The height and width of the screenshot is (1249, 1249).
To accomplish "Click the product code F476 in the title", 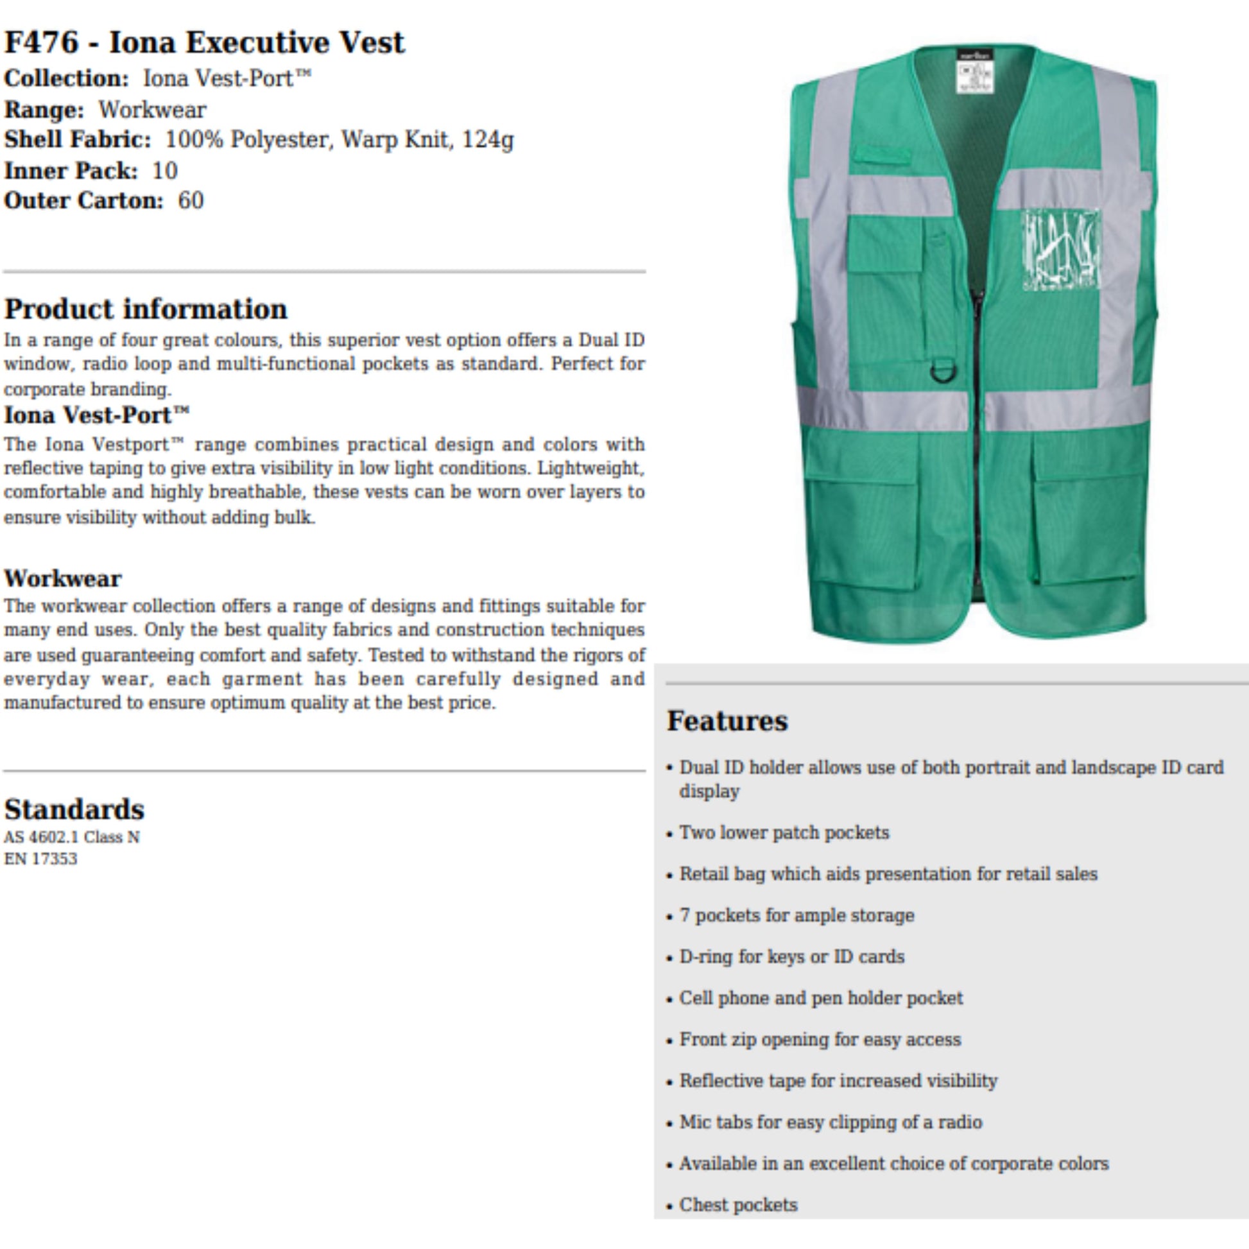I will (41, 42).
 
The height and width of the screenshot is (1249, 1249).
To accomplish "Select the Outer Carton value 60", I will (191, 200).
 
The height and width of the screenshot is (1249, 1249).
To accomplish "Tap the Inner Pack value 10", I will (165, 171).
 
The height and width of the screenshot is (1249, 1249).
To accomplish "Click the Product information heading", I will (146, 309).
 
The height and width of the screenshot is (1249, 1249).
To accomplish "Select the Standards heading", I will (74, 809).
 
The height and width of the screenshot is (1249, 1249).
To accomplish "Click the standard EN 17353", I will (40, 859).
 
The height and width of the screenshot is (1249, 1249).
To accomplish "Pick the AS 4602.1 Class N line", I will (72, 837).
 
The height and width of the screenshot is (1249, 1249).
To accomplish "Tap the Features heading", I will (727, 721).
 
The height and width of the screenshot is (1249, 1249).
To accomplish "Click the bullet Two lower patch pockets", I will (784, 832).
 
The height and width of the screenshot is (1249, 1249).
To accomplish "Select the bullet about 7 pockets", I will (797, 915).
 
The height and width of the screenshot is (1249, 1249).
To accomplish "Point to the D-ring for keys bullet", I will (791, 957).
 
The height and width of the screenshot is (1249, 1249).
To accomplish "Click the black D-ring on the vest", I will (940, 372).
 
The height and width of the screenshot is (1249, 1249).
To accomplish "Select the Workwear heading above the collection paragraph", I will (63, 578).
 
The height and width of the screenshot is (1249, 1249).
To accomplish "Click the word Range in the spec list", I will (42, 110).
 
